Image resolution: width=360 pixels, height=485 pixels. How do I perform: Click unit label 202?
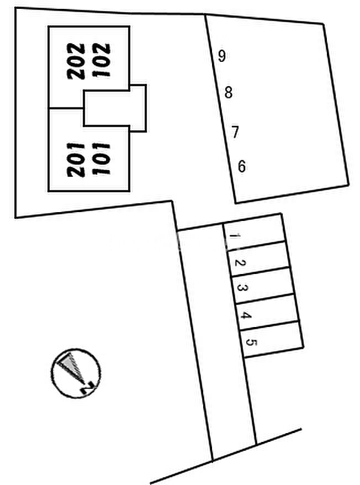(77, 61)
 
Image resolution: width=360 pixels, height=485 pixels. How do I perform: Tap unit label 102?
(103, 61)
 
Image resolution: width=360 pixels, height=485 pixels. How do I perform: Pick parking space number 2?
(238, 263)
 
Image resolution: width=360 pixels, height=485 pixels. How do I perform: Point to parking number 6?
(241, 166)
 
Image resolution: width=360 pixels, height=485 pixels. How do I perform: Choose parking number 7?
(235, 133)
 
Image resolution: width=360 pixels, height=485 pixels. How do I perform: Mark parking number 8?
(229, 93)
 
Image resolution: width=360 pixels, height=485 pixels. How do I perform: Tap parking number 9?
(221, 56)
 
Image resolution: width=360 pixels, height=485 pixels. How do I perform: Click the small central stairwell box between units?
(115, 108)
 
